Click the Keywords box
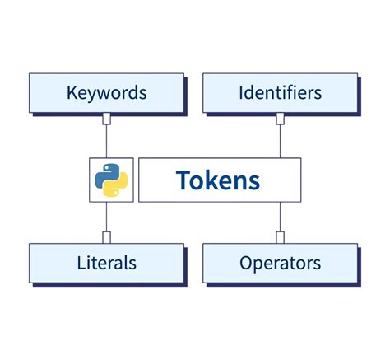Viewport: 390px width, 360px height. click(106, 92)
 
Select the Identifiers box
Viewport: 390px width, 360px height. click(280, 92)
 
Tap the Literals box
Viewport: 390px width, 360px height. click(106, 264)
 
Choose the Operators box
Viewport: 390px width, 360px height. click(280, 264)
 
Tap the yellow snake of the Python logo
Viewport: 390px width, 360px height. click(116, 187)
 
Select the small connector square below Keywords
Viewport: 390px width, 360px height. click(106, 119)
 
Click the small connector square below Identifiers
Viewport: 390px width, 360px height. click(280, 119)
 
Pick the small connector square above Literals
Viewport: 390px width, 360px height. click(106, 237)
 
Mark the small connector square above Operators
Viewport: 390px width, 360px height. click(280, 237)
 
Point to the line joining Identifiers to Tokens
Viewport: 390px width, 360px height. click(280, 140)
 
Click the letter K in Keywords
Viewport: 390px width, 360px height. click(72, 92)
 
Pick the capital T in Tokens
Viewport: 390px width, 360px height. click(183, 180)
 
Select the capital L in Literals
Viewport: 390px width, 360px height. click(80, 264)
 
